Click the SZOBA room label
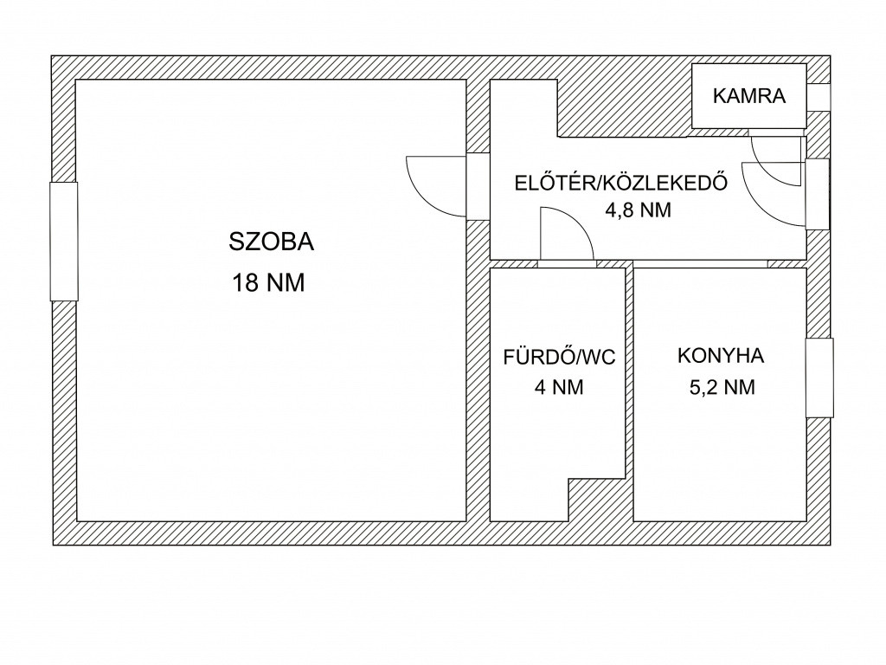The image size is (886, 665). pyautogui.click(x=271, y=242)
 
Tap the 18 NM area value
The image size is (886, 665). pyautogui.click(x=268, y=283)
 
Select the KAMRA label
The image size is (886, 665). pyautogui.click(x=749, y=96)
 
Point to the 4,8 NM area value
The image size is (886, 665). pyautogui.click(x=638, y=210)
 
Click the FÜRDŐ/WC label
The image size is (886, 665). pyautogui.click(x=560, y=358)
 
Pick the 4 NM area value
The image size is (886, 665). pyautogui.click(x=559, y=387)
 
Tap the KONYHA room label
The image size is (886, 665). pyautogui.click(x=721, y=356)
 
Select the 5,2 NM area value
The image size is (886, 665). pyautogui.click(x=722, y=387)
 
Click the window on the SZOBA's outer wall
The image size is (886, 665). pyautogui.click(x=64, y=242)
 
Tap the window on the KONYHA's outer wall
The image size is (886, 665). pyautogui.click(x=819, y=378)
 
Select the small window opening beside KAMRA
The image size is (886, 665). pyautogui.click(x=819, y=97)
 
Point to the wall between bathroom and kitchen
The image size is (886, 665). pyautogui.click(x=630, y=394)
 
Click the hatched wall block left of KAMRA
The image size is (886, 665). pyautogui.click(x=625, y=108)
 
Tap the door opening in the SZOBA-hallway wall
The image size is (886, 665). pyautogui.click(x=478, y=186)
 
